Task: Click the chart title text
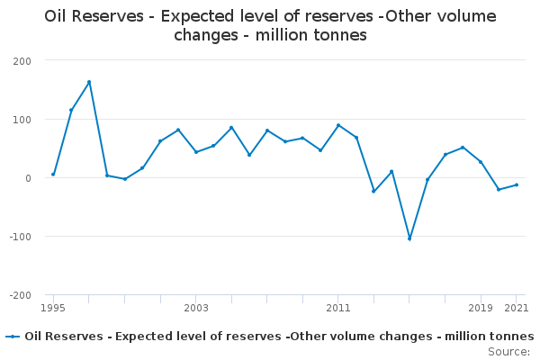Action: click(270, 26)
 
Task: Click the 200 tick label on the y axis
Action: click(22, 61)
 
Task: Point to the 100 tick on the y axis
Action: click(22, 120)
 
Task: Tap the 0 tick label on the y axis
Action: click(28, 178)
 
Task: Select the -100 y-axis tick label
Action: click(20, 237)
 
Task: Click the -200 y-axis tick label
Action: click(20, 295)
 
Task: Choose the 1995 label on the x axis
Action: click(53, 308)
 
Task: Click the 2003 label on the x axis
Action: click(195, 308)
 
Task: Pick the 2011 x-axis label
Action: click(338, 308)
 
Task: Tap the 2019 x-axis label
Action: click(481, 308)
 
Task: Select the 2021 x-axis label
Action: click(516, 308)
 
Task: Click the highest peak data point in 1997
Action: click(89, 82)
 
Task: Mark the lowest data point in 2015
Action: click(409, 238)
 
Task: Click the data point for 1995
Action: click(53, 175)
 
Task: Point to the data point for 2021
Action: click(517, 184)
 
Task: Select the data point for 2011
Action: click(338, 125)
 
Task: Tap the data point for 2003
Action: click(196, 152)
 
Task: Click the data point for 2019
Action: click(481, 162)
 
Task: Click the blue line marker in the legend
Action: click(13, 337)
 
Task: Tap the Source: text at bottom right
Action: click(508, 351)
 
